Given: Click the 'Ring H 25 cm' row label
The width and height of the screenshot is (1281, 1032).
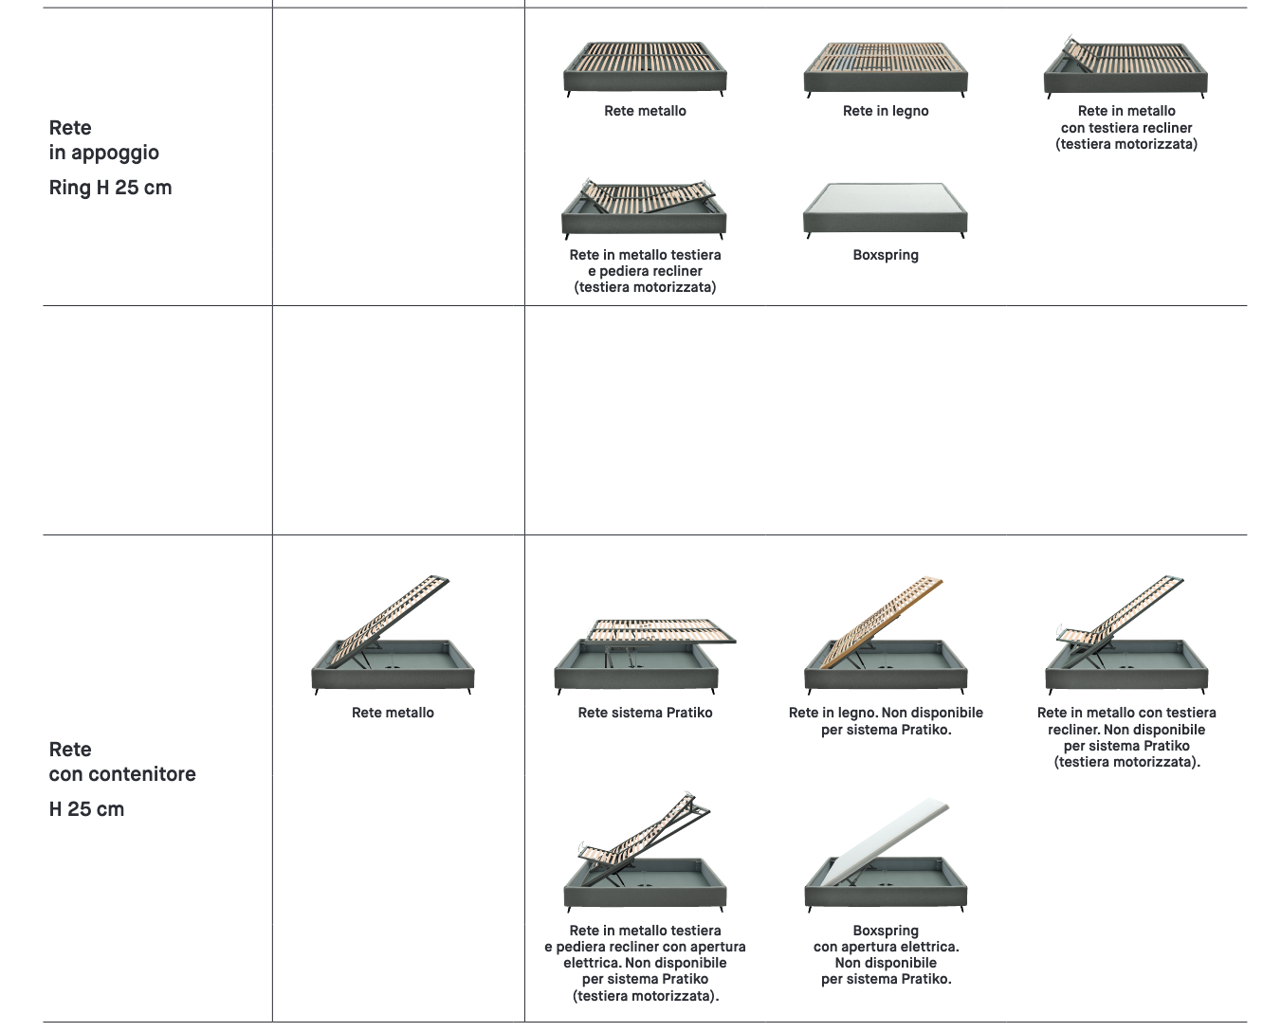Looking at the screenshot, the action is (110, 188).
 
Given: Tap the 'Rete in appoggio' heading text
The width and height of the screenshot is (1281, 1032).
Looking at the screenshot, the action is (103, 140).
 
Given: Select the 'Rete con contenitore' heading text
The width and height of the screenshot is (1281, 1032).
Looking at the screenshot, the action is (122, 761).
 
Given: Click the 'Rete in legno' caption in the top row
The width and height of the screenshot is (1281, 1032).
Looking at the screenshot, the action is (886, 111).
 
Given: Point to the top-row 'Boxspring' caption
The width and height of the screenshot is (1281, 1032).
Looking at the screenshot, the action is (886, 255).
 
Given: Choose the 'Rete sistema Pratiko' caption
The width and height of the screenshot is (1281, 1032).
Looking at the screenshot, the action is (645, 713).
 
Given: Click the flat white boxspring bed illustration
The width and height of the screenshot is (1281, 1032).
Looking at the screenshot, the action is (886, 210).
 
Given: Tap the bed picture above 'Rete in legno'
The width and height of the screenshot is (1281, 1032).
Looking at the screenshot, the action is (886, 69).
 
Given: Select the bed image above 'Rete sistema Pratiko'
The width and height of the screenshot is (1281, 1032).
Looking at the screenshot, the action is (645, 657).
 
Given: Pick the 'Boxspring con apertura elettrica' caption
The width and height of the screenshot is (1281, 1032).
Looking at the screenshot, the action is (886, 954).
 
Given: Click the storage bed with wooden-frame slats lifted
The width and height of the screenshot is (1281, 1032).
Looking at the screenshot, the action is (886, 635).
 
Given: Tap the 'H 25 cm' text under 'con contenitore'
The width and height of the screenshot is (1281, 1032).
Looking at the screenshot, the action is (86, 809).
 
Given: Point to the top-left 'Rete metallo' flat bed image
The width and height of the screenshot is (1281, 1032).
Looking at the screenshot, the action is (645, 69).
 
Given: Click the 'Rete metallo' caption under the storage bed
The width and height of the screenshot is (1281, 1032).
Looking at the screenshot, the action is (393, 713).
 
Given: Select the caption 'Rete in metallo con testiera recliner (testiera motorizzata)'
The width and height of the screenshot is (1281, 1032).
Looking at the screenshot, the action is (1126, 127).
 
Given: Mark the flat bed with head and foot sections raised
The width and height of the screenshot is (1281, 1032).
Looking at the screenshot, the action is (644, 208).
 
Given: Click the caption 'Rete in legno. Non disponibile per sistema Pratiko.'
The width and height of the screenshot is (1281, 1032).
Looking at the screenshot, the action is (886, 721).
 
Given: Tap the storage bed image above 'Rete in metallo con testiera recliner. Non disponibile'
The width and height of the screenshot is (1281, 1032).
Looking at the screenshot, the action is (1126, 635).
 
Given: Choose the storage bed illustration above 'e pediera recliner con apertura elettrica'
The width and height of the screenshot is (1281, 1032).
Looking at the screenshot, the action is (645, 852).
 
